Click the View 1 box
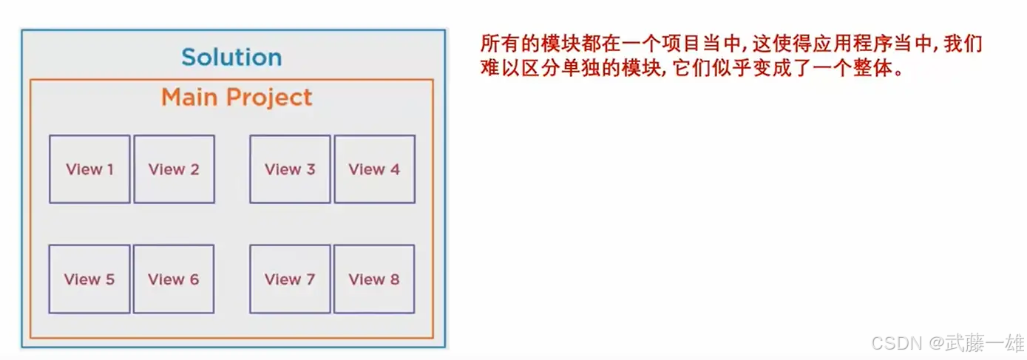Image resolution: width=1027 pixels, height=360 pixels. (x=89, y=169)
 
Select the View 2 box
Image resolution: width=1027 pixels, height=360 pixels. (x=174, y=169)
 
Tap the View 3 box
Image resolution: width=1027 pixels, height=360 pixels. (x=290, y=169)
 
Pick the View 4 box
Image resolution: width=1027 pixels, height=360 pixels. (x=374, y=169)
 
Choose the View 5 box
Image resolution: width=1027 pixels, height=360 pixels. (x=89, y=279)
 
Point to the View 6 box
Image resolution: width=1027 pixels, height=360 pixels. (x=174, y=279)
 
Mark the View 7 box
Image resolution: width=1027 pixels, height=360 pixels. (x=290, y=279)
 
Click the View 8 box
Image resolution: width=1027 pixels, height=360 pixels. (x=374, y=279)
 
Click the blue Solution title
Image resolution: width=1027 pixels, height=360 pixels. (x=231, y=57)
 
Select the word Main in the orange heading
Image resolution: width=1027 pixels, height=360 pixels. (x=189, y=98)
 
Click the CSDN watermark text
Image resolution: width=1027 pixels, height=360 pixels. (x=894, y=343)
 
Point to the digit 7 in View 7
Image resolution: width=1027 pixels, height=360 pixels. (x=310, y=279)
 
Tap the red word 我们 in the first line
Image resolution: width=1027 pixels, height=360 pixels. (x=964, y=44)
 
